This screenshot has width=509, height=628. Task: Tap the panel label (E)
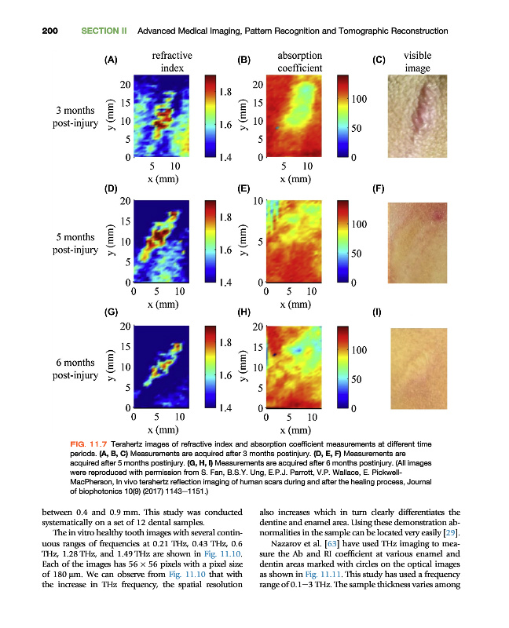point(244,189)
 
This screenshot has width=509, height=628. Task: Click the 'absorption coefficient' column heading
point(300,62)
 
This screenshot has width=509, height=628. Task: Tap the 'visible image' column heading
point(417,62)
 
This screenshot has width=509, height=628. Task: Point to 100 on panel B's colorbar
point(359,100)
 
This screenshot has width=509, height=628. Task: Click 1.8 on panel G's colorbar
point(225,343)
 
